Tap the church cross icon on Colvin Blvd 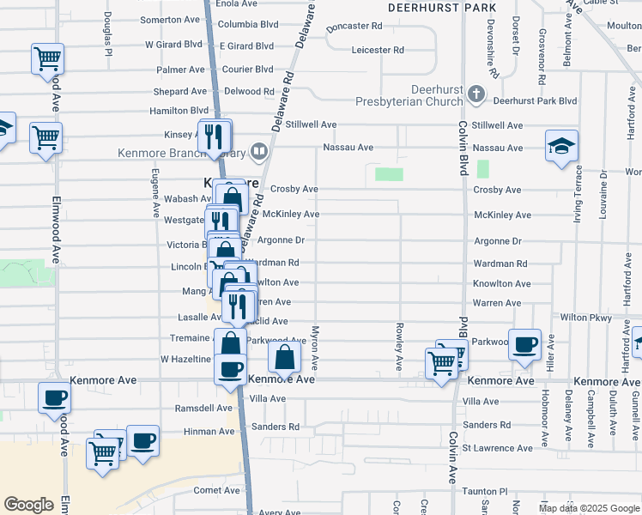[473, 91]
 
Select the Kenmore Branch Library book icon [258, 152]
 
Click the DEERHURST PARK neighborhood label [441, 8]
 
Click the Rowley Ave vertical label [399, 347]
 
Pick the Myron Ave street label [315, 348]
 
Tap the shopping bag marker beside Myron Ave [285, 356]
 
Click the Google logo [28, 505]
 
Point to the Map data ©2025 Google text [588, 508]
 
